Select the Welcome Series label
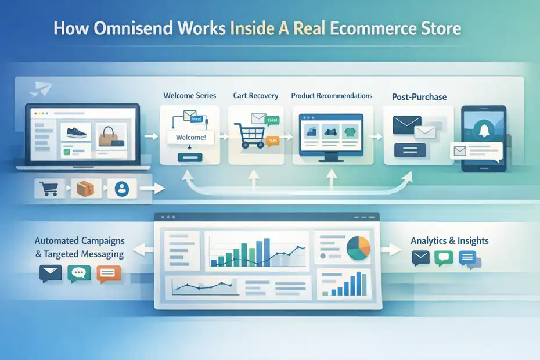[189, 95]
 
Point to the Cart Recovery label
[255, 95]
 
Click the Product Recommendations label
[332, 95]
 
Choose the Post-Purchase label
[419, 96]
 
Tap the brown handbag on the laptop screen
[109, 136]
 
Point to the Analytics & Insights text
[449, 240]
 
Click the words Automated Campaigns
[80, 240]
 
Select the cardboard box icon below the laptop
[85, 189]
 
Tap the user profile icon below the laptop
[122, 189]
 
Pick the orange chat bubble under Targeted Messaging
[109, 273]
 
